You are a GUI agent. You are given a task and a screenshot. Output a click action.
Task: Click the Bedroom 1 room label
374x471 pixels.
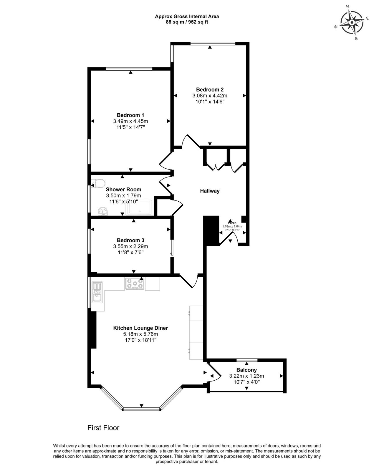click(x=130, y=115)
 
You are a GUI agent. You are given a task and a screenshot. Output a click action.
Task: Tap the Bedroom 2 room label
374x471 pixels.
click(x=210, y=89)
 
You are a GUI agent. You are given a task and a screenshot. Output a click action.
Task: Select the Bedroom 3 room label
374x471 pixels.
click(x=130, y=240)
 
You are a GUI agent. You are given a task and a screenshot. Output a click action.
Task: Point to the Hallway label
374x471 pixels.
click(x=210, y=191)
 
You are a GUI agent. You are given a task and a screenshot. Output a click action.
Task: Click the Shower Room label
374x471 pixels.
click(x=123, y=190)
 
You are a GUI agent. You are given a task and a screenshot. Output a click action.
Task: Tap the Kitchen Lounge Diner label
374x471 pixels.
click(x=140, y=328)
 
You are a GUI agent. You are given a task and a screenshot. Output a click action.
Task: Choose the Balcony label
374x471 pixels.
click(x=246, y=370)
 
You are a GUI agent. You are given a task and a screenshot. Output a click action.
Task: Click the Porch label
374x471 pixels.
click(x=232, y=223)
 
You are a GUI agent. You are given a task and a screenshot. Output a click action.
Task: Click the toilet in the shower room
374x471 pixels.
click(x=98, y=183)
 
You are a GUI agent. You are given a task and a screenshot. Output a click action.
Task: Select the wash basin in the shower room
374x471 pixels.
click(x=103, y=211)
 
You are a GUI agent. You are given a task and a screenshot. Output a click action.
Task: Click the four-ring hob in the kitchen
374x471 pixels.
click(x=135, y=283)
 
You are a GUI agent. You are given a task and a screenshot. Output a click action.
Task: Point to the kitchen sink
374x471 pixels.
click(x=97, y=292)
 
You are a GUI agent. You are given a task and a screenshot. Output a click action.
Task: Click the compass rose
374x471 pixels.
click(x=352, y=23)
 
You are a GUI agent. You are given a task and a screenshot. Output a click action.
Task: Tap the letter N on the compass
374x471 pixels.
click(x=347, y=6)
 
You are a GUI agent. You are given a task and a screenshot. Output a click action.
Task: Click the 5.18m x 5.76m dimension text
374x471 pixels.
click(x=140, y=334)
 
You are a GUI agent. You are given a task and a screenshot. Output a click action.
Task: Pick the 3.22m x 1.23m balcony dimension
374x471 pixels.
click(x=246, y=376)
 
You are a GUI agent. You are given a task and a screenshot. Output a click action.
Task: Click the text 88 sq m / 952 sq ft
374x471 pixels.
click(x=187, y=22)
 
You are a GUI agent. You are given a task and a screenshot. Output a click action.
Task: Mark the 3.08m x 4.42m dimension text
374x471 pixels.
click(x=210, y=96)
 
